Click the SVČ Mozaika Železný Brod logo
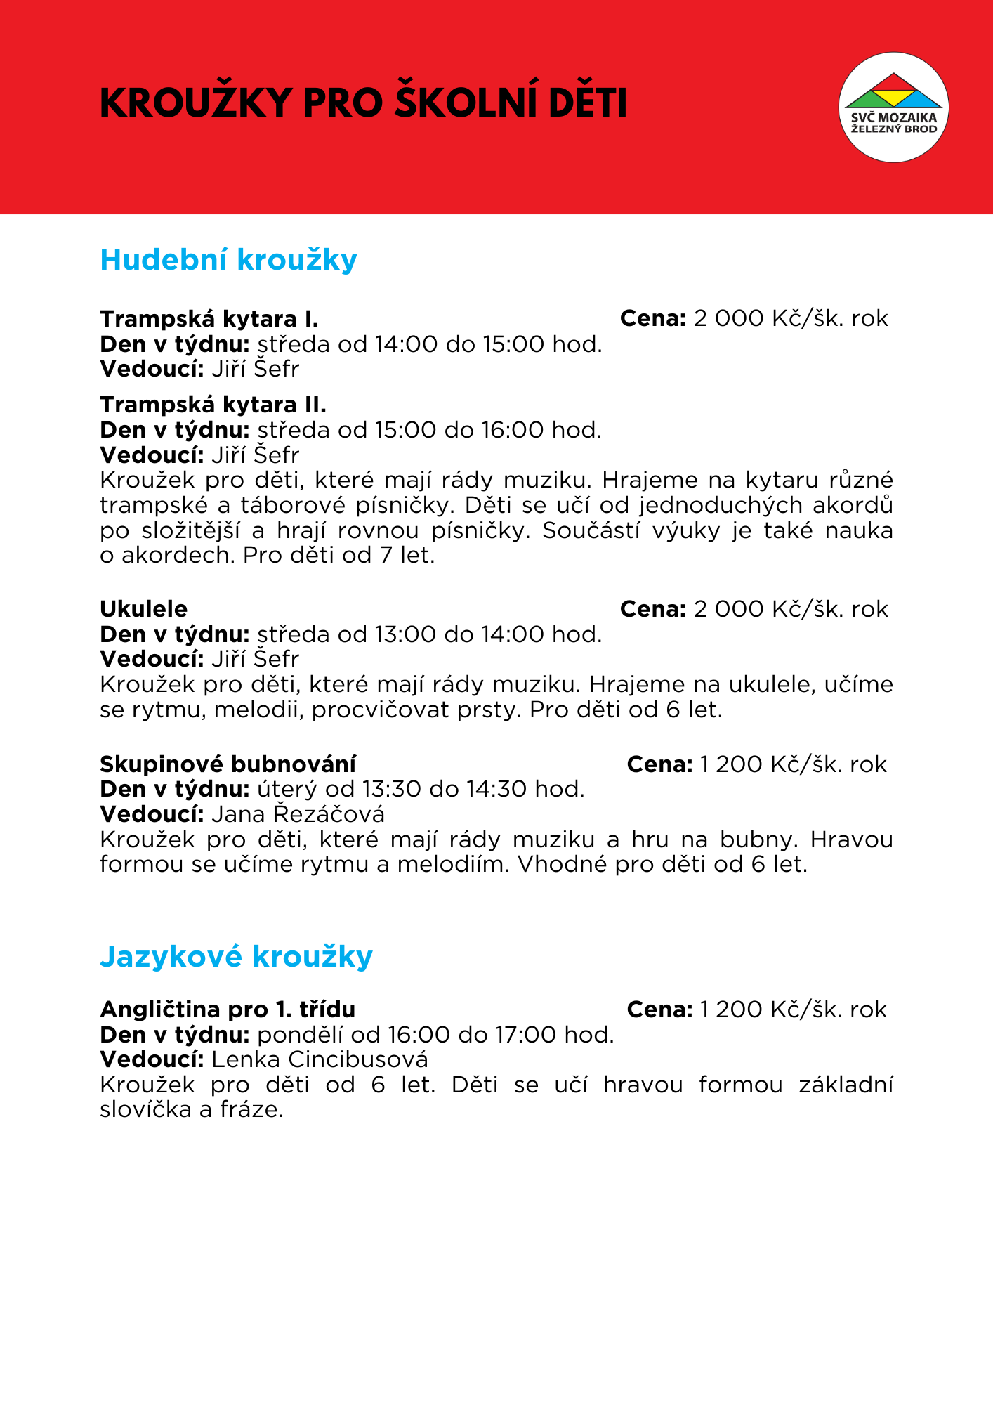pos(893,107)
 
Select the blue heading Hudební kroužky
pos(229,259)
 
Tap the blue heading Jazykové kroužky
pos(236,956)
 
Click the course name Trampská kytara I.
pos(209,319)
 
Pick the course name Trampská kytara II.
pos(213,405)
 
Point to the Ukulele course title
pos(144,608)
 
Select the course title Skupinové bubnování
pos(228,764)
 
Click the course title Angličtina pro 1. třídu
pos(228,1009)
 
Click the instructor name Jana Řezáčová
pos(298,814)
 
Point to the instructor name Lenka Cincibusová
pos(320,1059)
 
